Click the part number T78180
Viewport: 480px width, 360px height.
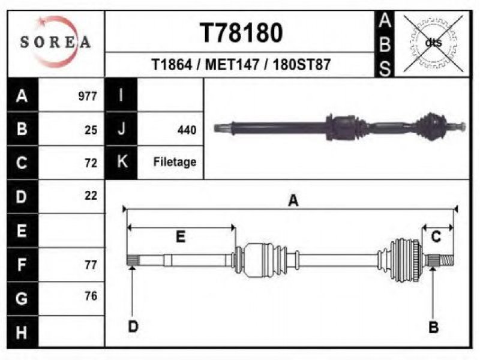241,33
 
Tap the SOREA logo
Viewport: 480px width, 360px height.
55,42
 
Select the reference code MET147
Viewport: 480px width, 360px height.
232,65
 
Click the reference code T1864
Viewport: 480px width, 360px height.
172,65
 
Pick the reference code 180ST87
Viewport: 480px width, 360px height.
302,65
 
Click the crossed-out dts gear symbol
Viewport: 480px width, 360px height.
433,43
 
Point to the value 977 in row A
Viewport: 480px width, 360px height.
88,96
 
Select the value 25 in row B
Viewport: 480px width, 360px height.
91,130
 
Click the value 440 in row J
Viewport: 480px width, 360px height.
187,130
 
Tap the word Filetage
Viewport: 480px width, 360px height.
175,162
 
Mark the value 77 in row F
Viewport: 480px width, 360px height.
91,265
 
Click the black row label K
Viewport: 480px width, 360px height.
121,162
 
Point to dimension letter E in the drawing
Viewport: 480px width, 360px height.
181,236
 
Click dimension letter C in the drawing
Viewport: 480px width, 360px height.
436,236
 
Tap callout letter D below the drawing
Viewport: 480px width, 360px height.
133,326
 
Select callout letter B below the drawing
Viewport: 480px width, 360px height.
433,327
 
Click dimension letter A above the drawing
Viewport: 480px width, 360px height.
293,201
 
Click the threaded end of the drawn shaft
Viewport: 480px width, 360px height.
446,260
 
